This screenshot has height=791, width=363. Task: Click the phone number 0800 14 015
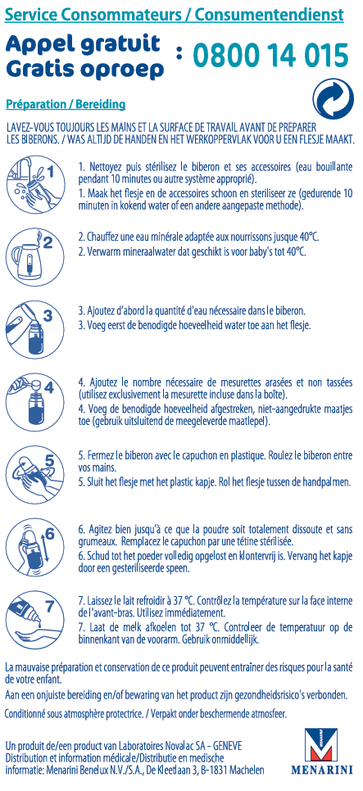coord(271,56)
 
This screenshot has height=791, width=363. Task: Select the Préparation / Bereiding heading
coord(66,105)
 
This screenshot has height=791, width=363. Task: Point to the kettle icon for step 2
coord(35,255)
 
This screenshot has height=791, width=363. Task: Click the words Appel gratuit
coord(83,45)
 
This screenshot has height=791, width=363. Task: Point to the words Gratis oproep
coord(85,69)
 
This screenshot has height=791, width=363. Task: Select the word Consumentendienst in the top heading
coord(270,15)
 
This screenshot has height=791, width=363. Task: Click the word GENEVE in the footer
coord(228,746)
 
